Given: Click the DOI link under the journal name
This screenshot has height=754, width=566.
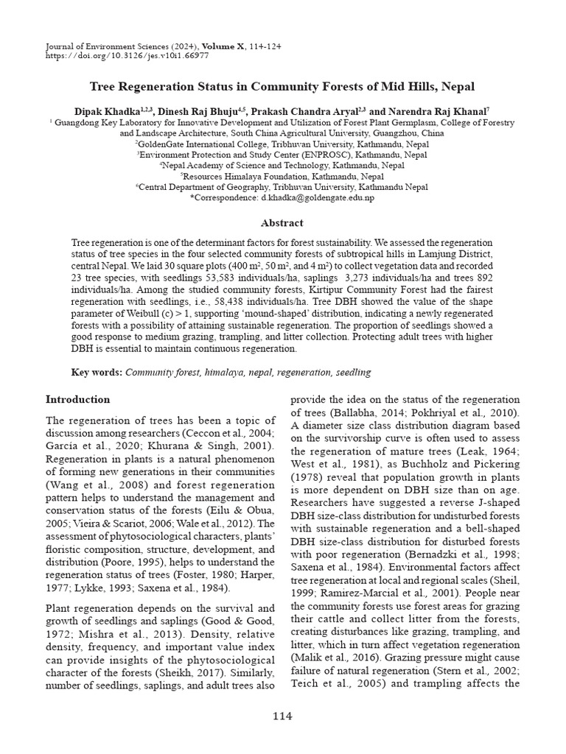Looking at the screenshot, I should pos(126,54).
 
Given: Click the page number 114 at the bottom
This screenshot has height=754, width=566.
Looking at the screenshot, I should pos(282,716).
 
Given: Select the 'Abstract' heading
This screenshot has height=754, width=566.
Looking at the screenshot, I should pos(282,222).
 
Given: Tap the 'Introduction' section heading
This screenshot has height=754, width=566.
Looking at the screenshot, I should pos(78,400).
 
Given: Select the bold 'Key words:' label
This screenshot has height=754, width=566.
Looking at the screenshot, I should pos(97,373).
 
